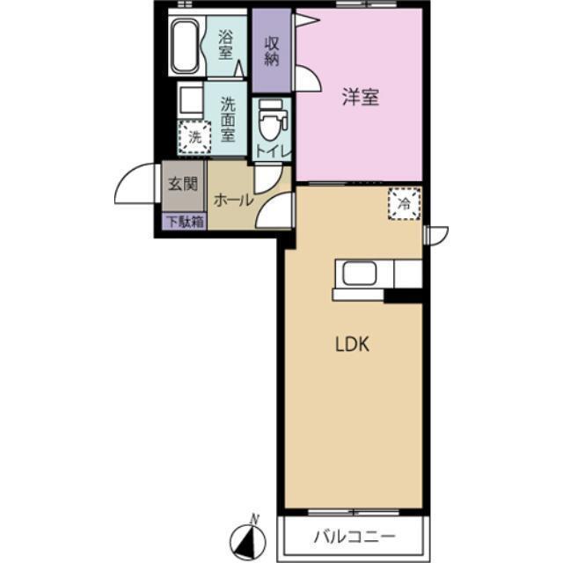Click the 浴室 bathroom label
tap(226, 45)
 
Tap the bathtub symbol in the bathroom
tap(185, 44)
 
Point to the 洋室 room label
tap(361, 98)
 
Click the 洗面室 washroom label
tap(228, 119)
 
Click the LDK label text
tap(350, 344)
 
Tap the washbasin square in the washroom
tap(188, 99)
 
